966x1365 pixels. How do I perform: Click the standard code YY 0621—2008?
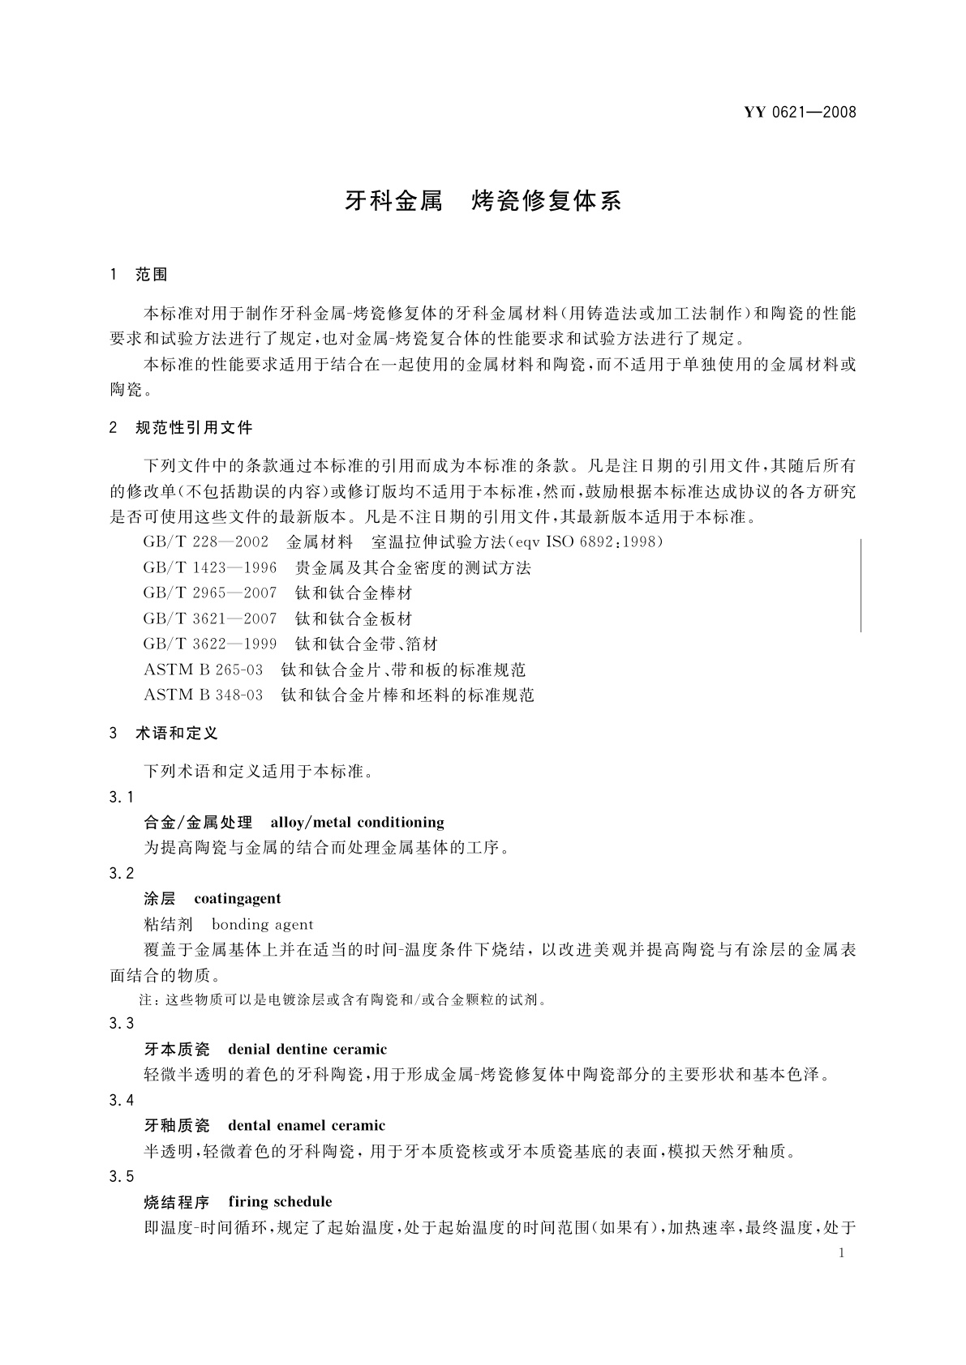tap(800, 113)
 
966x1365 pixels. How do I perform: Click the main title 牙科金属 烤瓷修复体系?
tap(483, 201)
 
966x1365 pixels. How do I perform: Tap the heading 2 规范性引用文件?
tap(181, 427)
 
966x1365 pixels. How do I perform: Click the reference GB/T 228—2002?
tap(205, 541)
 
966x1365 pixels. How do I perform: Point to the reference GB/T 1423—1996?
tap(209, 567)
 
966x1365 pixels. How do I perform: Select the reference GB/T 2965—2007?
tap(209, 593)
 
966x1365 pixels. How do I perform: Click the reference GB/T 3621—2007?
tap(209, 618)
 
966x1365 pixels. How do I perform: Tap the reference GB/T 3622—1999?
tap(209, 644)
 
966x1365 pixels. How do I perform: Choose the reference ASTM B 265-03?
tap(203, 670)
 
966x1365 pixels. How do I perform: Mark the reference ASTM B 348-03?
tap(203, 695)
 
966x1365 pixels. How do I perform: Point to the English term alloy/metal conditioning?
tap(357, 823)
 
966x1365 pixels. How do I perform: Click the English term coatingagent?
tap(238, 898)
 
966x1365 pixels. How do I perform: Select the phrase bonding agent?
tap(262, 924)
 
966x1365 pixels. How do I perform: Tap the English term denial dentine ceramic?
tap(307, 1050)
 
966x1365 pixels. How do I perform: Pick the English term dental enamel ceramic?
tap(307, 1125)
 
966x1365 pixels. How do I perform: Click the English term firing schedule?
tap(280, 1201)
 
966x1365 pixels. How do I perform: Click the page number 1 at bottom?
tap(841, 1253)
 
